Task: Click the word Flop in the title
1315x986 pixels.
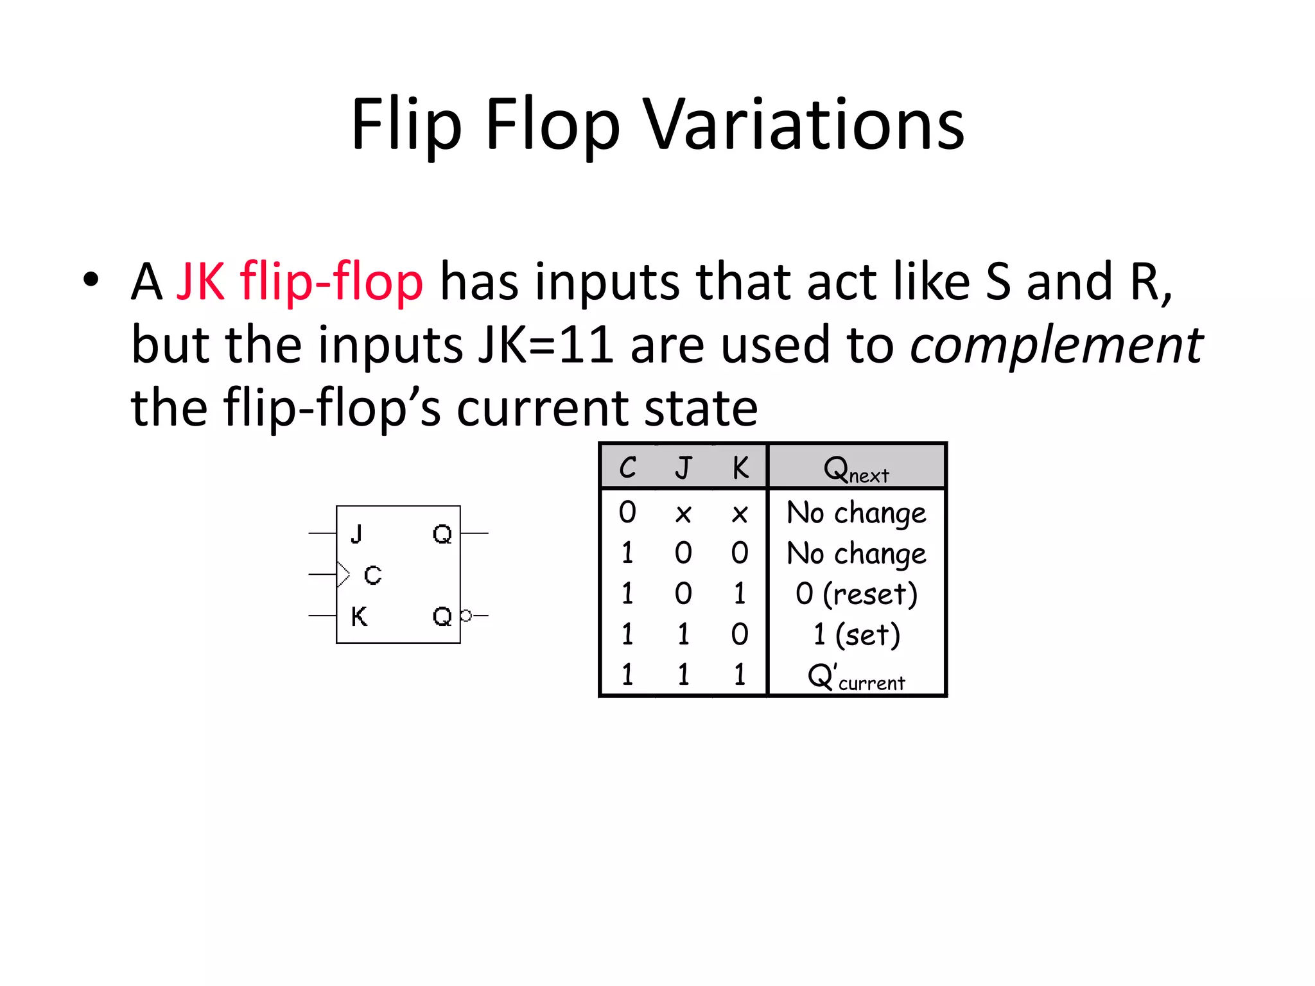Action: tap(552, 125)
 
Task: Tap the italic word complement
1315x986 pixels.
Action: tap(1056, 345)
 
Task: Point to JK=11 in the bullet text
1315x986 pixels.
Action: tap(546, 345)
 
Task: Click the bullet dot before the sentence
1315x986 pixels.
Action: tap(91, 280)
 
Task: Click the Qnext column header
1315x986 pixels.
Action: tap(856, 469)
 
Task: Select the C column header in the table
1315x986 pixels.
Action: tap(627, 467)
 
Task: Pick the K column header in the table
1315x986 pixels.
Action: tap(740, 467)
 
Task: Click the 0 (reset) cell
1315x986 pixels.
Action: tap(856, 594)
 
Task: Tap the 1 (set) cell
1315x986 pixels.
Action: tap(856, 635)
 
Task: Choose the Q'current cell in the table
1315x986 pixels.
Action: tap(856, 677)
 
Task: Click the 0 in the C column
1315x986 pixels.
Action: tap(627, 512)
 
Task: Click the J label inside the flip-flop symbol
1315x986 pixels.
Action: tap(357, 533)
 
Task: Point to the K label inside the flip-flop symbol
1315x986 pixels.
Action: tap(359, 616)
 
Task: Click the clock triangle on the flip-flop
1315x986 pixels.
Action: tap(343, 574)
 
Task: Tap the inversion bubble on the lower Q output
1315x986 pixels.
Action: tap(466, 616)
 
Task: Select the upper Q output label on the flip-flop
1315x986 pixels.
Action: tap(442, 533)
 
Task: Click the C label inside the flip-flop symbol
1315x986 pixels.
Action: tap(372, 575)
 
